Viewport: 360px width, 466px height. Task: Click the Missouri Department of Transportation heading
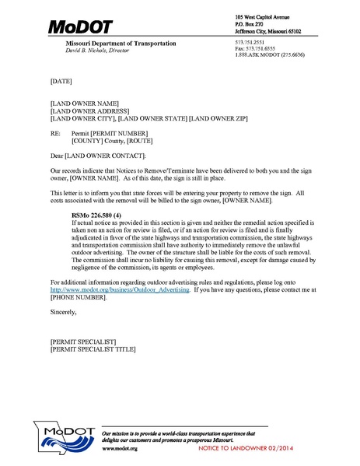point(121,44)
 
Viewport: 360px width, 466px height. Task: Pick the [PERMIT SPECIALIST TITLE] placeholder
point(93,349)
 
